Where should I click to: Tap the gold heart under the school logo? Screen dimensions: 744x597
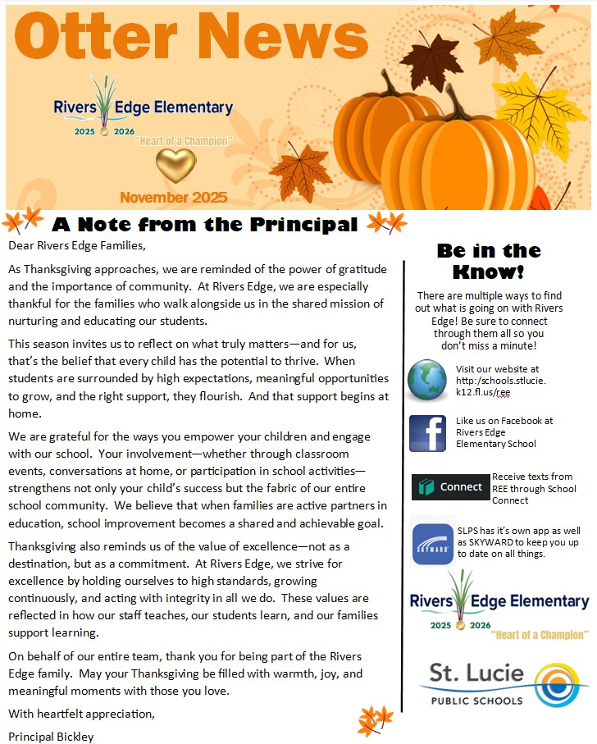(175, 165)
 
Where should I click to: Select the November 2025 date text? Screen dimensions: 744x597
(173, 198)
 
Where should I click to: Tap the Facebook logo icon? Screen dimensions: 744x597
(427, 433)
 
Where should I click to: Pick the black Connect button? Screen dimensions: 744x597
(450, 486)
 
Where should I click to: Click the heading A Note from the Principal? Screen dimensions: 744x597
(204, 224)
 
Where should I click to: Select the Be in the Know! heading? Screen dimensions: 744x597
(489, 261)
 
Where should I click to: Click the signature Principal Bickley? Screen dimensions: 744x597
(51, 736)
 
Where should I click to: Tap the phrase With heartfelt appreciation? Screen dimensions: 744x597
(81, 714)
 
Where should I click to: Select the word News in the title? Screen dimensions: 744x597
(280, 39)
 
